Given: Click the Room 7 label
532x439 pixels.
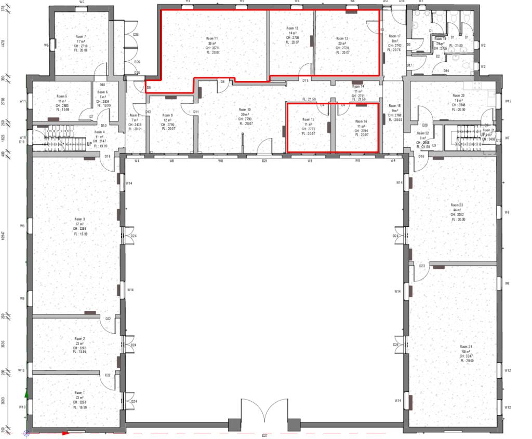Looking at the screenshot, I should point(82,37).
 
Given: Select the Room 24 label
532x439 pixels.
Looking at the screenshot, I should point(465,347).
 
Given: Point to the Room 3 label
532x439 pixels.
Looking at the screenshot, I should point(79,219).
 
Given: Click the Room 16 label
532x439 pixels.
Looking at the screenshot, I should point(361,121).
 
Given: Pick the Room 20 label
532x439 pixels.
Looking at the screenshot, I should point(458,95).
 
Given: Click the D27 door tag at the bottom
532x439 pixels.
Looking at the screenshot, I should point(264,435).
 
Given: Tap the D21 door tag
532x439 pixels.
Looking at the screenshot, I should point(264,161).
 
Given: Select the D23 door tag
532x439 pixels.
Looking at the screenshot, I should point(422,266).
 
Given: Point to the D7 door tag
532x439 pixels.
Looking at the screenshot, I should point(91,117).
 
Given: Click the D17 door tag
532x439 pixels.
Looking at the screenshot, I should point(409,65).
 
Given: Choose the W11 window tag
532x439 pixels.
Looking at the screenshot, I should point(22,101).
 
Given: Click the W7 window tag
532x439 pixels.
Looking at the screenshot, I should point(507,139).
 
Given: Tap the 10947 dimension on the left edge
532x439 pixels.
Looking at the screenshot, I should point(4,236).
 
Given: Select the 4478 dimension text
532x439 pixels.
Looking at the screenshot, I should point(4,45).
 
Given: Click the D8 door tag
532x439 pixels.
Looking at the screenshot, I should point(222,81).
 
